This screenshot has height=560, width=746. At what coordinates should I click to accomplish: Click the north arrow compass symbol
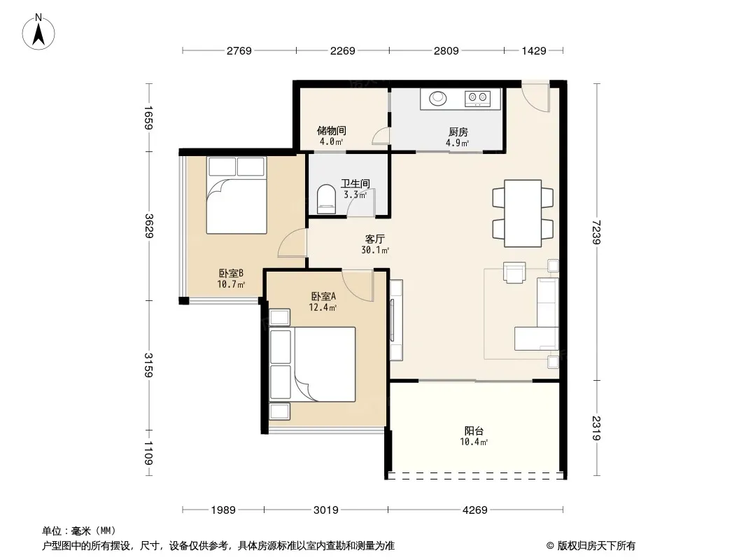point(38,32)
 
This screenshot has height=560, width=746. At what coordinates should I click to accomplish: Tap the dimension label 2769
point(239,50)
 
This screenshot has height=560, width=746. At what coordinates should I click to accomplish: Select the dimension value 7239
point(597,232)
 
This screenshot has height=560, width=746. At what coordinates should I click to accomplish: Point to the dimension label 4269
point(474,510)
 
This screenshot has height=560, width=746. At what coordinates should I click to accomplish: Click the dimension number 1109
point(148,453)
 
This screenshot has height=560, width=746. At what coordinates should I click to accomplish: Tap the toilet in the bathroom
point(326,199)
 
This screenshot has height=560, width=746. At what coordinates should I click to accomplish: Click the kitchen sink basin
point(437,99)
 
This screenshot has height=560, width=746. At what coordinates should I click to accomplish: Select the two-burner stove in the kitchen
point(478,99)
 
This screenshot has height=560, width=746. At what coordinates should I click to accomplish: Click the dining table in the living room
point(523,213)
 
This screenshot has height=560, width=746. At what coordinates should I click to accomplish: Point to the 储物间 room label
point(331,130)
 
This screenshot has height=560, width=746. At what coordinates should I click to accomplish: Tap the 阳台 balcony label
point(474,430)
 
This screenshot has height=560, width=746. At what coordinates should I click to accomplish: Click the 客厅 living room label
point(375,239)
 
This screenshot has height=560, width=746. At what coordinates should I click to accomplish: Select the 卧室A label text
point(323,296)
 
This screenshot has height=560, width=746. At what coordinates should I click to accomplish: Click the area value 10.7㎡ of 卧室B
point(231,284)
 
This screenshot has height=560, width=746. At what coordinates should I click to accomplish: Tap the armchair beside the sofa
point(514,272)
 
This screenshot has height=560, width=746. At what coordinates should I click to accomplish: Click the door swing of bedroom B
point(291,244)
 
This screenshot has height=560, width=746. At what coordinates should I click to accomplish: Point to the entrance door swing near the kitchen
point(536,97)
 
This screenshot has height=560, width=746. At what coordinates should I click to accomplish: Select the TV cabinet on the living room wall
point(396,320)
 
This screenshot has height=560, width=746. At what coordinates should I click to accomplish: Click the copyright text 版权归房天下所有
point(596,546)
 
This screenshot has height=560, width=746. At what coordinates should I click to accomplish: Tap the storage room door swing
point(381,136)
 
